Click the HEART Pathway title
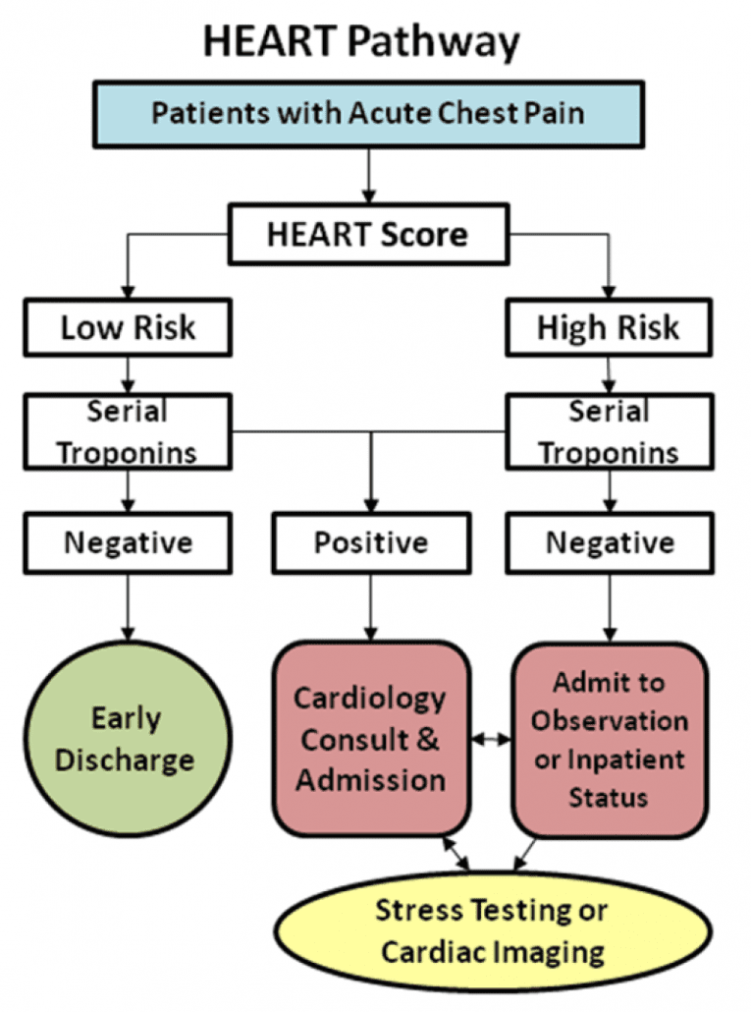pyautogui.click(x=361, y=41)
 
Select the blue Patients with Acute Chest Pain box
pyautogui.click(x=368, y=112)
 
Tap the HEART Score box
pyautogui.click(x=368, y=235)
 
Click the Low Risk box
pyautogui.click(x=129, y=327)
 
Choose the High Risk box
pyautogui.click(x=608, y=327)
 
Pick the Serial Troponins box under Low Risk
pyautogui.click(x=129, y=431)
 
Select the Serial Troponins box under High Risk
pyautogui.click(x=608, y=431)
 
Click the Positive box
pyautogui.click(x=370, y=542)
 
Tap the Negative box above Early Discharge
pyautogui.click(x=129, y=542)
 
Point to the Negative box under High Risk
pyautogui.click(x=610, y=542)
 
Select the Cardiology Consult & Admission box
pyautogui.click(x=371, y=739)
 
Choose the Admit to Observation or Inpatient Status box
pyautogui.click(x=609, y=739)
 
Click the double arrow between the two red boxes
pyautogui.click(x=491, y=739)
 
